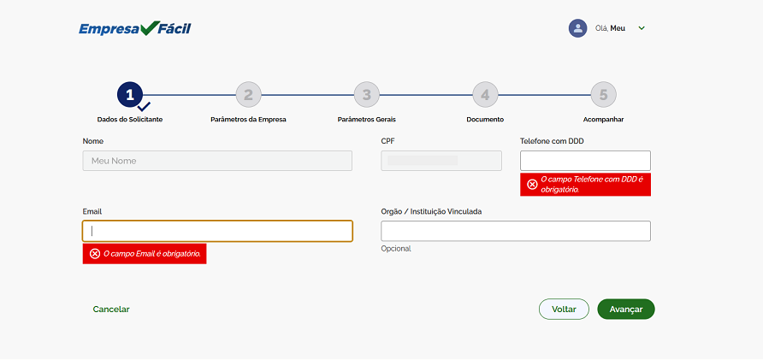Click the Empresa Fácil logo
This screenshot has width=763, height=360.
point(135,29)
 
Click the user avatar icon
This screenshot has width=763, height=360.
point(577,28)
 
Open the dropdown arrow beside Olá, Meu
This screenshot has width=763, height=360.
point(642,28)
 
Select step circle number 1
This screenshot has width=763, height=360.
point(130,95)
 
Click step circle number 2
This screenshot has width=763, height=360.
point(248,95)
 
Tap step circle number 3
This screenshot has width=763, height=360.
point(367,95)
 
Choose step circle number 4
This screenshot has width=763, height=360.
point(485,95)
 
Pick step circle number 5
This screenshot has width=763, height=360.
point(603,95)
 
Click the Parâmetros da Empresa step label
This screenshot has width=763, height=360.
point(248,120)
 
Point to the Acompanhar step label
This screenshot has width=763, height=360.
point(603,120)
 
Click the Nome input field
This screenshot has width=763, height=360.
point(217,161)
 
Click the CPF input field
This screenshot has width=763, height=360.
point(441,161)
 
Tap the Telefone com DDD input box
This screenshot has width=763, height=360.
point(585,161)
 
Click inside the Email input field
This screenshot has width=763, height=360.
point(217,231)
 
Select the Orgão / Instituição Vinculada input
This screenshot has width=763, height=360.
point(516,231)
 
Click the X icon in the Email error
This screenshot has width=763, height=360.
point(95,254)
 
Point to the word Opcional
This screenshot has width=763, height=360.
point(396,249)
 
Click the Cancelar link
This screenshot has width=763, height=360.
point(111,310)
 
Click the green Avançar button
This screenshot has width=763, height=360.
point(626,310)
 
